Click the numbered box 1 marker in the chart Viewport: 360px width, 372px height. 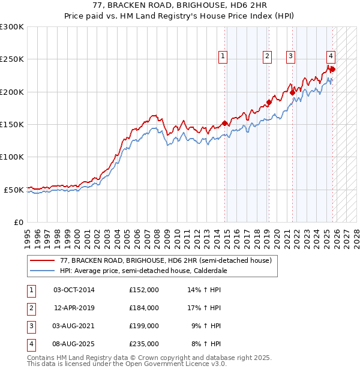(223, 56)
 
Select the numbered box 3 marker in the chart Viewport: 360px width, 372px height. (290, 56)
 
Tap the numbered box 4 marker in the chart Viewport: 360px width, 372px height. (331, 56)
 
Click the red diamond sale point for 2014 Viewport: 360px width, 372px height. (225, 124)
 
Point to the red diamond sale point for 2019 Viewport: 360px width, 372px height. (269, 103)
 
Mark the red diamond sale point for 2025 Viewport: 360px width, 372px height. (333, 69)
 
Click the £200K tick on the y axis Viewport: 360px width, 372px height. (12, 92)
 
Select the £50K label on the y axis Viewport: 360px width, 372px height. (14, 190)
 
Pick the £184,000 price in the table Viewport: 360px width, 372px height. (144, 308)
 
